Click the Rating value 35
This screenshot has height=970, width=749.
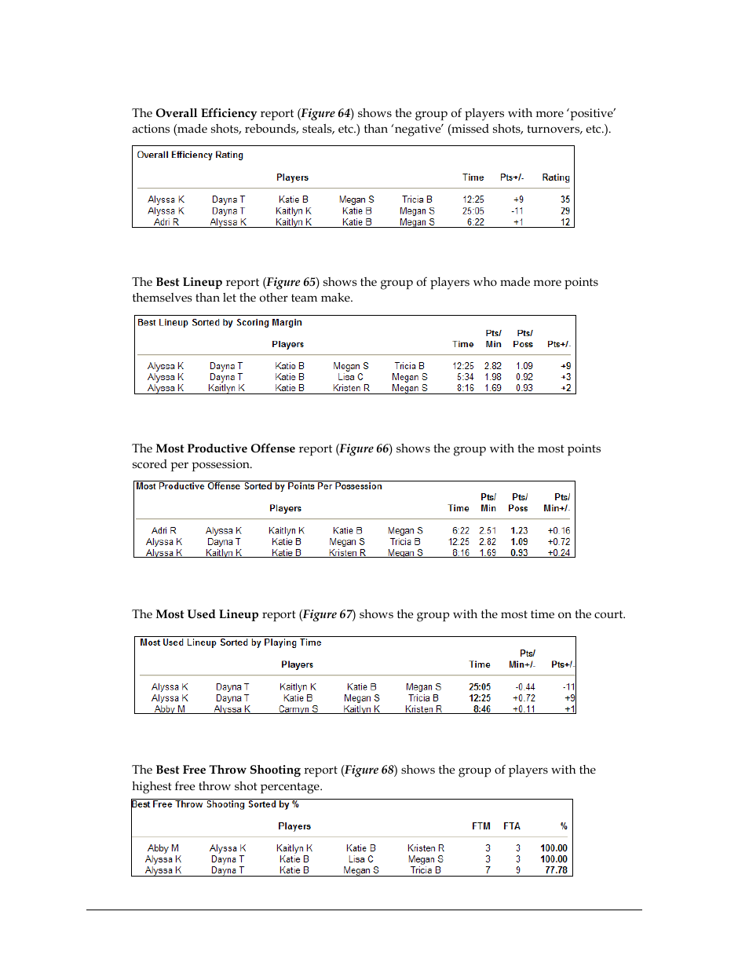coord(564,199)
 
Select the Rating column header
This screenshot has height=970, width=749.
coord(555,178)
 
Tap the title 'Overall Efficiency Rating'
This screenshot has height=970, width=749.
coord(190,155)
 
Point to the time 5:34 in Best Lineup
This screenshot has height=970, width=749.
coord(465,377)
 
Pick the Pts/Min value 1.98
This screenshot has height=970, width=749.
coord(492,377)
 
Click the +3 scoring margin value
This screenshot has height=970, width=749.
coord(565,377)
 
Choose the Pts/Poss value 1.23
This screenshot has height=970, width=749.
coord(519,531)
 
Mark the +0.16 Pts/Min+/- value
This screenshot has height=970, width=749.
coord(558,531)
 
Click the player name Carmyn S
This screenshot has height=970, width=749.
coord(298,709)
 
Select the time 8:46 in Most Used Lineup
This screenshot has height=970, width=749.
coord(481,709)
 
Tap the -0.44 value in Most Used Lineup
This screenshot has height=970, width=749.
coord(524,687)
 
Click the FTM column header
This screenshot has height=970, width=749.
coord(480,826)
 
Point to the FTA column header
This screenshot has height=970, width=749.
coord(512,826)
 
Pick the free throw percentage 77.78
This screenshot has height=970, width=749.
coord(556,870)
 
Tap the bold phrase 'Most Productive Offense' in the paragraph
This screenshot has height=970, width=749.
coord(225,448)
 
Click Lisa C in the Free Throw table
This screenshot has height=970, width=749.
coord(360,859)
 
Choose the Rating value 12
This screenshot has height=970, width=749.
coord(564,222)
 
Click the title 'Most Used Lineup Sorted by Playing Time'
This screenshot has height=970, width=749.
coord(230,642)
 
